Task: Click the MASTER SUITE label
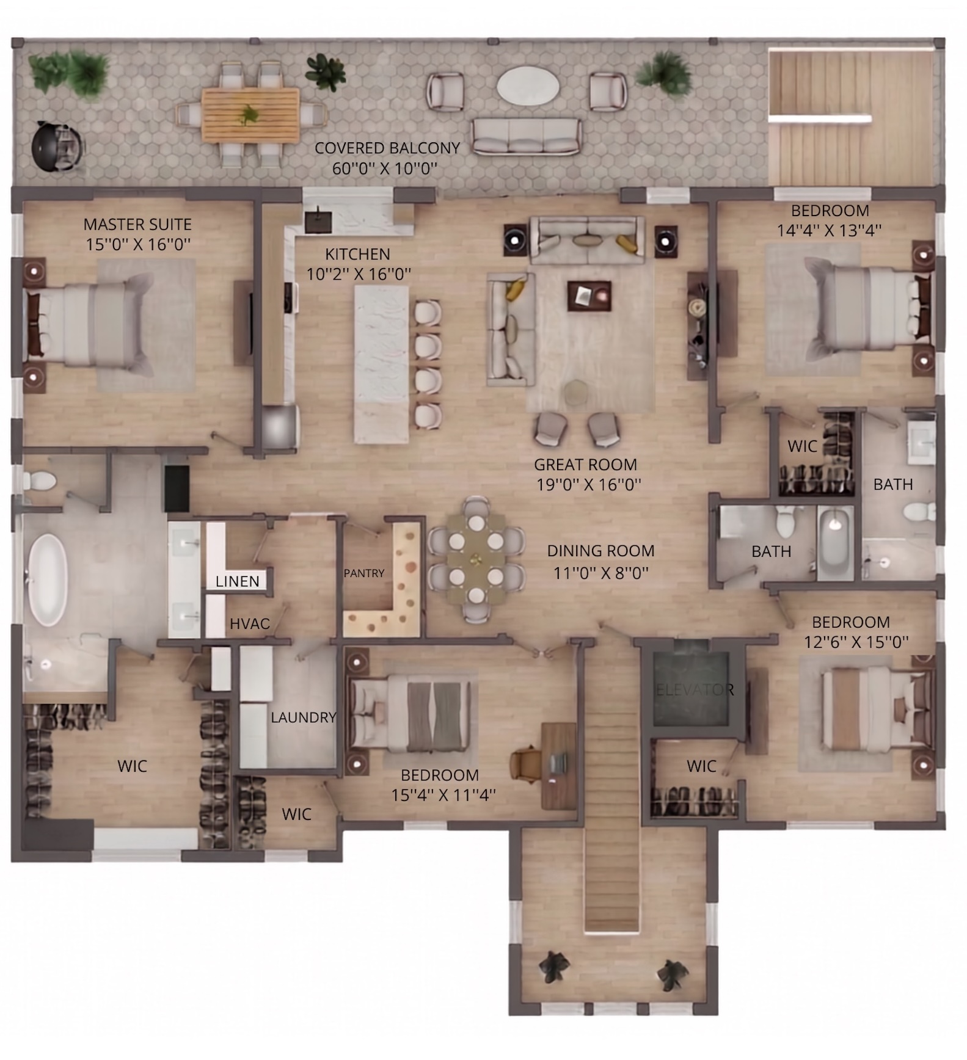point(137,224)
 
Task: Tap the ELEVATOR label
point(695,690)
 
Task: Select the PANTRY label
point(364,573)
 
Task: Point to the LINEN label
point(238,581)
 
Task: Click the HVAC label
point(250,623)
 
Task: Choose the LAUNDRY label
point(304,717)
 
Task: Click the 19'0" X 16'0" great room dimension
point(589,485)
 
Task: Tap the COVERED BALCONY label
point(387,148)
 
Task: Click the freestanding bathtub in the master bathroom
point(48,579)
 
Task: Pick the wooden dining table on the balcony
point(250,114)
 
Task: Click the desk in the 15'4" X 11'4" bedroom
point(558,766)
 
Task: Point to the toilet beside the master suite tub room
point(40,481)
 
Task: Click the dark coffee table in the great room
point(589,296)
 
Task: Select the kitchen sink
point(318,221)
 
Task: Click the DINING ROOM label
point(600,551)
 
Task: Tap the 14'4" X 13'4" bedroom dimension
point(829,231)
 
